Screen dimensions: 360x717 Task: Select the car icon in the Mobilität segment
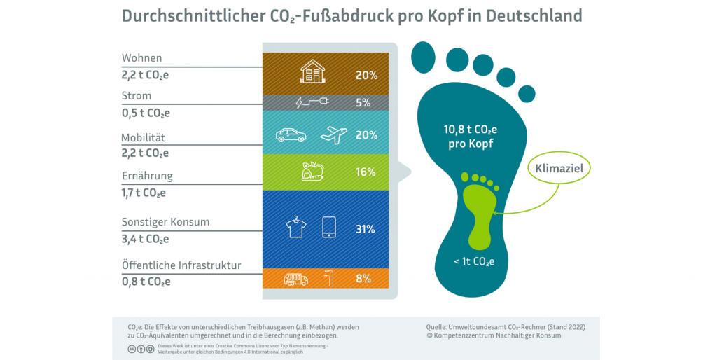[x=291, y=134]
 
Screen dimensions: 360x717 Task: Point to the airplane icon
[x=333, y=134]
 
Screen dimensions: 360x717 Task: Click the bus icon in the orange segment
[x=295, y=279]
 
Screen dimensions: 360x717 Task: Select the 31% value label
[x=365, y=229]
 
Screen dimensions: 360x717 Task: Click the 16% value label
[x=365, y=172]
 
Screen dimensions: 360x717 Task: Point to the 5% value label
[x=363, y=103]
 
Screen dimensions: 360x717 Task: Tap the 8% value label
[x=363, y=279]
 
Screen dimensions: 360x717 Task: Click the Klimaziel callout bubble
[x=559, y=169]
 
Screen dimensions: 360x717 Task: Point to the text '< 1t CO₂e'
[x=474, y=263]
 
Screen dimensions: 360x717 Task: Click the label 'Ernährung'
[x=146, y=176]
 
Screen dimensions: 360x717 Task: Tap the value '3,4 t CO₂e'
[x=145, y=239]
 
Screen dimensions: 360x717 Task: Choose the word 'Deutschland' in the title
[x=536, y=15]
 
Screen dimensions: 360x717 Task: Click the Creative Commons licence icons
[x=140, y=349]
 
